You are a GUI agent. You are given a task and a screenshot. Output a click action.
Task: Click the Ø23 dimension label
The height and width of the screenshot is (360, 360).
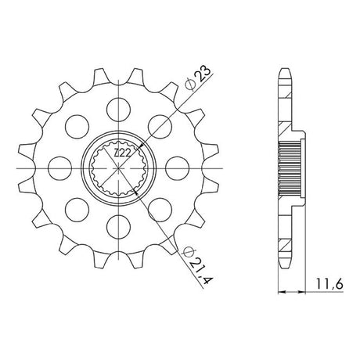197,79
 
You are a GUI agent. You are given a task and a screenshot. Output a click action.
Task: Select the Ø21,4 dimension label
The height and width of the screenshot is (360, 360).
198,265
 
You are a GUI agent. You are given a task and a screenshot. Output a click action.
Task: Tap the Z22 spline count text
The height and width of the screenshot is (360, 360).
122,153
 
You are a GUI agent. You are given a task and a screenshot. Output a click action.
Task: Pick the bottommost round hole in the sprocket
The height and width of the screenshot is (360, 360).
118,227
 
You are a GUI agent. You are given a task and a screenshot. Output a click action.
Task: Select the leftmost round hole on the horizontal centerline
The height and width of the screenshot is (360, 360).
60,168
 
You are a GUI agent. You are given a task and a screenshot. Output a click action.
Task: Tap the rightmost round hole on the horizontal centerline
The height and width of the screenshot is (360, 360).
177,168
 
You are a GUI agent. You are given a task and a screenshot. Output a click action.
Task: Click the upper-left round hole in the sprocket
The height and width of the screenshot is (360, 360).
77,127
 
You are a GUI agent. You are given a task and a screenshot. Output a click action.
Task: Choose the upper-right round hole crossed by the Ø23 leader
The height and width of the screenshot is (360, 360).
160,127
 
